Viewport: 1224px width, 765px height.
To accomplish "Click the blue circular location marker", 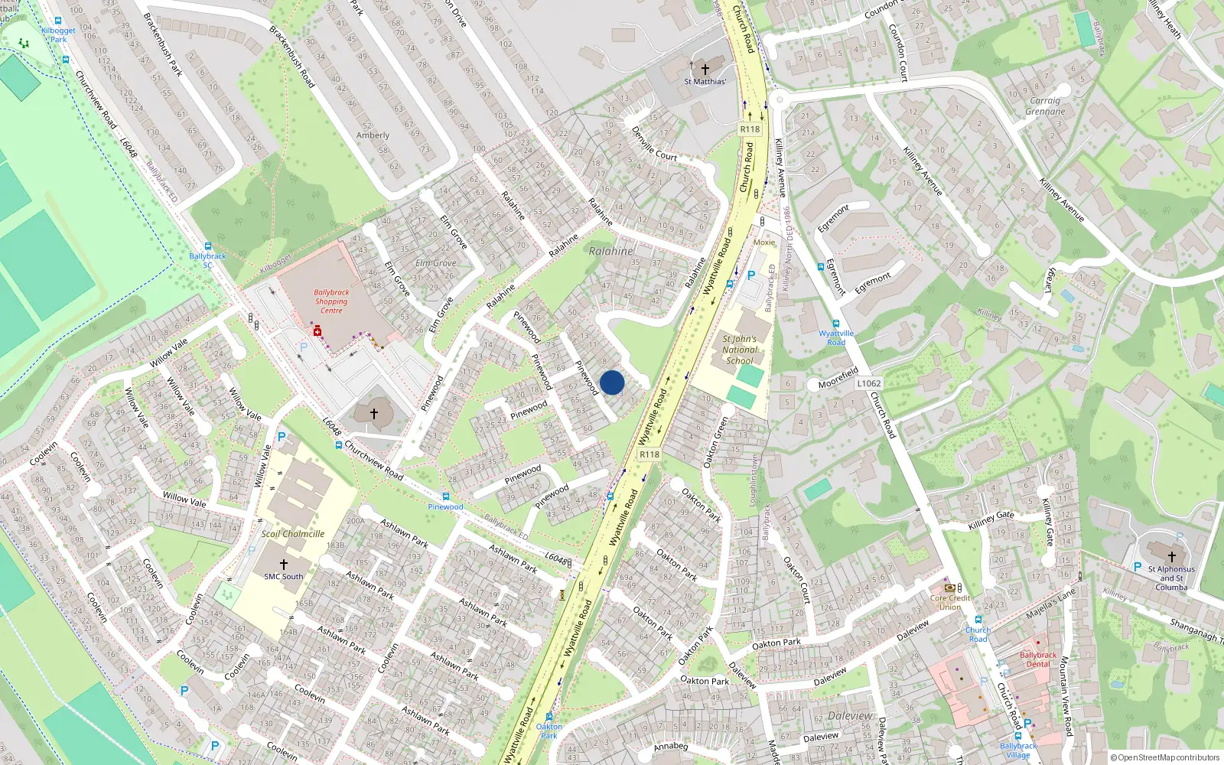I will tap(612, 382).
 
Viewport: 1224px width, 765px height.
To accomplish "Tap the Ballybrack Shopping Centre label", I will tap(331, 301).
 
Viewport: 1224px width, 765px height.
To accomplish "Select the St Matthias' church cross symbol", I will tap(705, 69).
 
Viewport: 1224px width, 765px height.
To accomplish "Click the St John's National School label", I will tap(739, 350).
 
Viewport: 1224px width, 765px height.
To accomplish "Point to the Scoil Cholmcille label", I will tap(292, 534).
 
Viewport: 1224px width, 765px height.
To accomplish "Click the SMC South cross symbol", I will tap(283, 565).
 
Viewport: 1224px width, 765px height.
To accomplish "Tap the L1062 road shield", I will tap(869, 383).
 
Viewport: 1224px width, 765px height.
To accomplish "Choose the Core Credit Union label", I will tap(950, 602).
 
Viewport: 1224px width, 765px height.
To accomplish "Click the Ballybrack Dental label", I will tap(1038, 659).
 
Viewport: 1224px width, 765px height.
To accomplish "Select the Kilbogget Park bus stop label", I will tap(58, 35).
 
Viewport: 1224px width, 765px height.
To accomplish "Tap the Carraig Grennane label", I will tap(1045, 106).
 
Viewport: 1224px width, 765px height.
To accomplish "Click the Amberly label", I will tap(373, 135).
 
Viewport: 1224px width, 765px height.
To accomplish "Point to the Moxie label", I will tap(764, 243).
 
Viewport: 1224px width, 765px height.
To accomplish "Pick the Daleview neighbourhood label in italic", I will tap(850, 716).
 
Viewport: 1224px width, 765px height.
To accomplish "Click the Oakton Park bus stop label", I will tap(549, 731).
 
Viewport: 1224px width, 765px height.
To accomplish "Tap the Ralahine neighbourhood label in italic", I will tap(611, 251).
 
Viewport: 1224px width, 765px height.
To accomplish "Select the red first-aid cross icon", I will tap(317, 331).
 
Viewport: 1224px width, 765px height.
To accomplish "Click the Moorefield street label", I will tap(838, 377).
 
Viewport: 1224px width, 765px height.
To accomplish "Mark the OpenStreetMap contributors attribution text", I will tap(1165, 757).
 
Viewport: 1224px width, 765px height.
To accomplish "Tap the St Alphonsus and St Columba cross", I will tap(1171, 556).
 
